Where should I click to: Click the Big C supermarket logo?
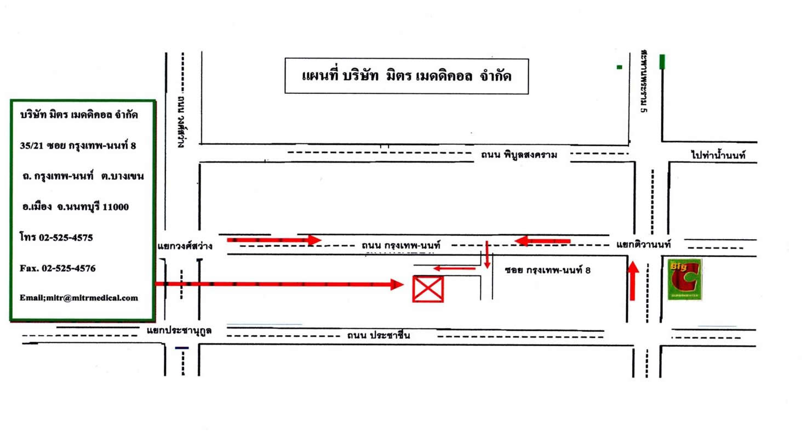[685, 279]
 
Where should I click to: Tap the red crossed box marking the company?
[428, 289]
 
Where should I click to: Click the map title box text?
[407, 75]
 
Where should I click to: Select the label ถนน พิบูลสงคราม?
[519, 155]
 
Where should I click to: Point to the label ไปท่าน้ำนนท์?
[718, 155]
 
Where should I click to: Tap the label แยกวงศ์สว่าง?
[185, 247]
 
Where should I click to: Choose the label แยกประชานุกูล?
[179, 331]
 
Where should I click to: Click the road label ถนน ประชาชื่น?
[379, 336]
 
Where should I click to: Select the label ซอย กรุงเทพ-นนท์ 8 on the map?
[547, 270]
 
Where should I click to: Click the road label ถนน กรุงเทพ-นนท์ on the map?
[401, 245]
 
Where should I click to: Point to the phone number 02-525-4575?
[66, 238]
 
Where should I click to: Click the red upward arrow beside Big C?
[633, 280]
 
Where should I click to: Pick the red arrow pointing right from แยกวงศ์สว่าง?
[274, 240]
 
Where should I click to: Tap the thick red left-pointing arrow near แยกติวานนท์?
[542, 240]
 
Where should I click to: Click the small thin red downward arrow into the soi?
[487, 255]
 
